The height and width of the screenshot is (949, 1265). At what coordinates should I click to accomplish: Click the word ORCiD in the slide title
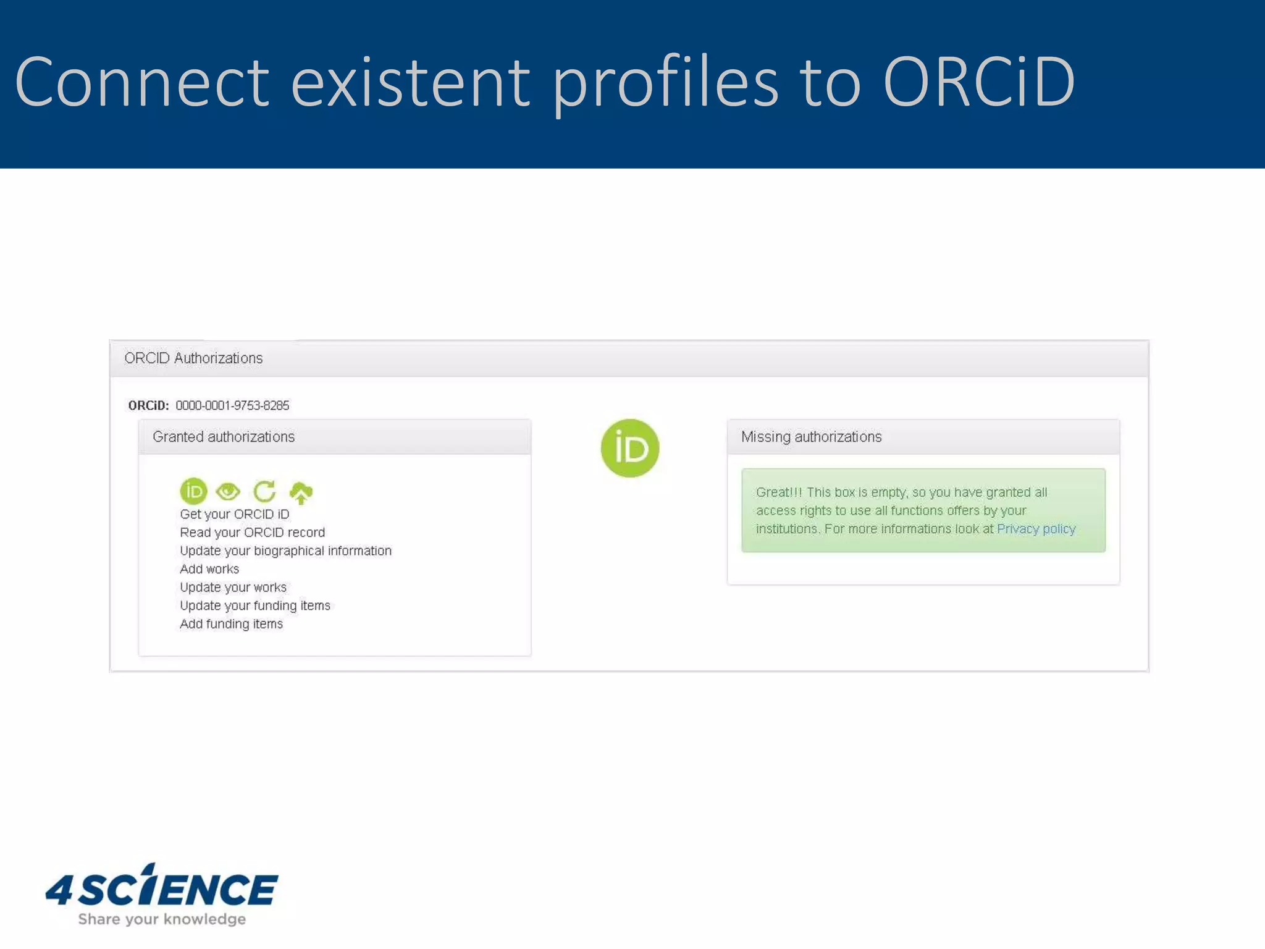click(979, 82)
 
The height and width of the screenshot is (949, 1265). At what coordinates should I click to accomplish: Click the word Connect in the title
click(142, 82)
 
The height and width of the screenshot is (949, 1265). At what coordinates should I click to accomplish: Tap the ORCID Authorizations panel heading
click(193, 358)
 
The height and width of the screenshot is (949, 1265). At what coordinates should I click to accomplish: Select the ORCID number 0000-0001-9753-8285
click(232, 405)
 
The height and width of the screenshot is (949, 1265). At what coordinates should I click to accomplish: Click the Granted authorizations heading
click(224, 437)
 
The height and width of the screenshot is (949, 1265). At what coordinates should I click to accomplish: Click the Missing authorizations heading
click(811, 437)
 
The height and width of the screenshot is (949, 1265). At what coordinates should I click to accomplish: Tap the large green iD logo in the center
click(629, 448)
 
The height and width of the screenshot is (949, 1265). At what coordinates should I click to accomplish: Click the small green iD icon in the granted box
click(193, 491)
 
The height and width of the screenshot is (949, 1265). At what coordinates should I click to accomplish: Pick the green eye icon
click(228, 492)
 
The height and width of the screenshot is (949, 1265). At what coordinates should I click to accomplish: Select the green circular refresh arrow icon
click(264, 492)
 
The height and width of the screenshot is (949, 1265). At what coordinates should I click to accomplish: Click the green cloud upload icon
click(301, 492)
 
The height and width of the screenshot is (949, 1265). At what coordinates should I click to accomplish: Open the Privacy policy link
click(1036, 529)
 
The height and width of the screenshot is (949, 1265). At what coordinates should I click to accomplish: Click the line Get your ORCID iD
click(234, 514)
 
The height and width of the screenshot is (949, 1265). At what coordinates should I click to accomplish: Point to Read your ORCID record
click(252, 533)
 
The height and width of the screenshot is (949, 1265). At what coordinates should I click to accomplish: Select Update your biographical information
click(285, 550)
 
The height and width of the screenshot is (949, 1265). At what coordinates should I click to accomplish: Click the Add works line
click(209, 569)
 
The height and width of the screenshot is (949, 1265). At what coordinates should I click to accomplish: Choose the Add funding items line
click(231, 624)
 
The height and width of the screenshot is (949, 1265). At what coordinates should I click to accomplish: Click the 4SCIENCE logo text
click(162, 888)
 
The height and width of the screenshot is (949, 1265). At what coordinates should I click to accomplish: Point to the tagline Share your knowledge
click(162, 919)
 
